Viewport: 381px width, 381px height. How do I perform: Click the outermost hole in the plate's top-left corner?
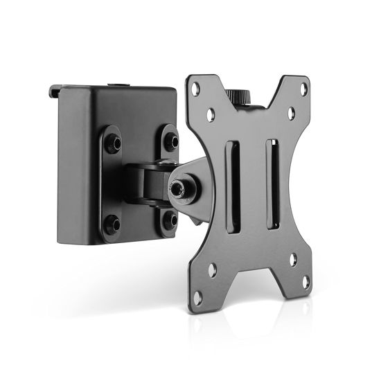[x=197, y=89]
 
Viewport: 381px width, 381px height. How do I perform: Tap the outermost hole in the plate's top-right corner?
[x=303, y=88]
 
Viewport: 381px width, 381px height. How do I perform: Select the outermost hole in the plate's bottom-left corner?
[x=197, y=297]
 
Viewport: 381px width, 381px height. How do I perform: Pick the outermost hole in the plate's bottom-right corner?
[x=305, y=282]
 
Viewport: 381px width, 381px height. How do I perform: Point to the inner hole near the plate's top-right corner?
[x=292, y=112]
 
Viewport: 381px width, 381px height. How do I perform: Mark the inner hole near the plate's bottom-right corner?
[x=293, y=260]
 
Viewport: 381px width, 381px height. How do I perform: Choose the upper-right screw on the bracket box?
[x=171, y=141]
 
